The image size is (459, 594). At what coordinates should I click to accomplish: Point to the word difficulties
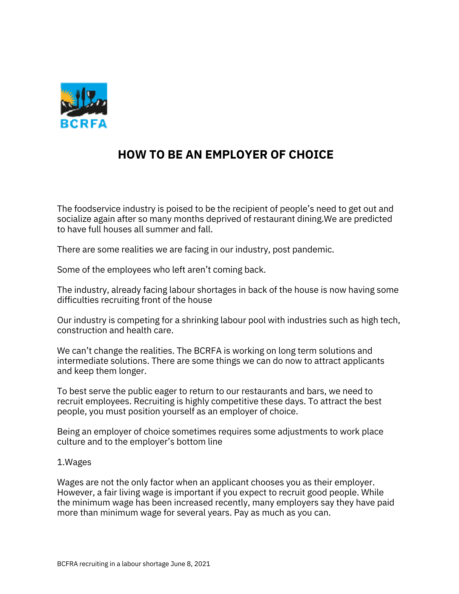[78, 300]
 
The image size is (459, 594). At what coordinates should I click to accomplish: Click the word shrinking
[200, 320]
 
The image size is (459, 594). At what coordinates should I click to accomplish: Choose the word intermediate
[83, 361]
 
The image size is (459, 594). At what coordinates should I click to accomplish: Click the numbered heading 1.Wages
[74, 462]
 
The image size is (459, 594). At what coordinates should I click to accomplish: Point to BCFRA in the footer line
[67, 564]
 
